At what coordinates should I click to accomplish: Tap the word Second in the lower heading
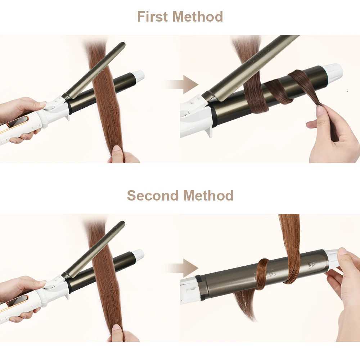[152, 195]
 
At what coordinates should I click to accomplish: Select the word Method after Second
[208, 195]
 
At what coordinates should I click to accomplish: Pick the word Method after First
[198, 17]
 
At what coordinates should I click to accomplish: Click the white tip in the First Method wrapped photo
[334, 71]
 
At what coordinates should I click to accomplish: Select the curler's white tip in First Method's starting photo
[139, 76]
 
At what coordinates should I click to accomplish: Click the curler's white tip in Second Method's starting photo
[139, 255]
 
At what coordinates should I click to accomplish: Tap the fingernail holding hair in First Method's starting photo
[117, 149]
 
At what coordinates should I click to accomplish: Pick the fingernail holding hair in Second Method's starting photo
[117, 328]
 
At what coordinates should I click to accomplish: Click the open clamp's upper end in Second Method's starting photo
[122, 225]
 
